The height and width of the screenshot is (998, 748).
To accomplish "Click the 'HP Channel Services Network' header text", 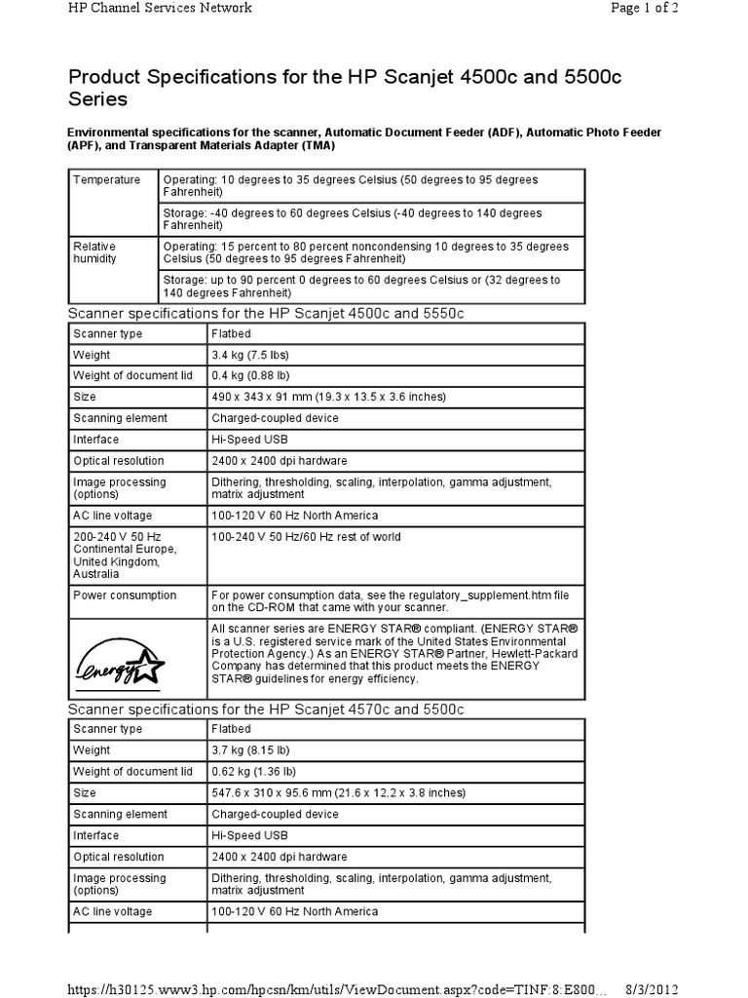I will (159, 8).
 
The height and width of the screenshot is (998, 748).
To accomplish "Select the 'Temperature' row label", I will (107, 180).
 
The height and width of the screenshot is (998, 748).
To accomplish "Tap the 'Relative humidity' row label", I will (94, 252).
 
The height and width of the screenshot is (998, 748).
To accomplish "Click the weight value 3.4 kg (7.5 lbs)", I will (250, 355).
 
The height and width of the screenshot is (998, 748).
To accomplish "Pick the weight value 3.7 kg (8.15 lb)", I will (249, 750).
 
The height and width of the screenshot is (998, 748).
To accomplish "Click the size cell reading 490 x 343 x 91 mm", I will (328, 398).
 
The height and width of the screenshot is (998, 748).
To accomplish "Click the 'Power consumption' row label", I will (125, 595).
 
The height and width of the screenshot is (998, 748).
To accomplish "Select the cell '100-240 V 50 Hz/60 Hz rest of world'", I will (306, 537).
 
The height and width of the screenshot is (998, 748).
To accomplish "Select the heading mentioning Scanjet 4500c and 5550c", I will (264, 313).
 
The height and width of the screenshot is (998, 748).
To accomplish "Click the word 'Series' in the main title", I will (97, 99).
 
